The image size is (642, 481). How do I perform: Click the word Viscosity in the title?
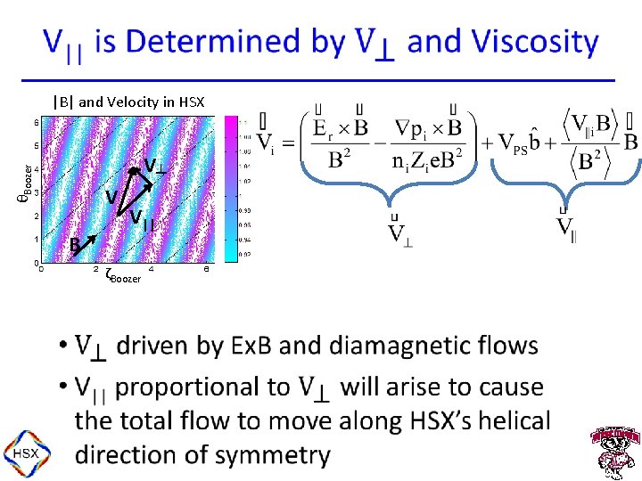pyautogui.click(x=535, y=42)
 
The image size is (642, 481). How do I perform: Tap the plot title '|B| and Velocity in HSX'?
pyautogui.click(x=128, y=102)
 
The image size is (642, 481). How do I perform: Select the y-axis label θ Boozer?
pyautogui.click(x=26, y=182)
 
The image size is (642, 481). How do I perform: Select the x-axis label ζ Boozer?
pyautogui.click(x=121, y=276)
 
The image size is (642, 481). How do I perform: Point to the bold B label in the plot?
pyautogui.click(x=77, y=244)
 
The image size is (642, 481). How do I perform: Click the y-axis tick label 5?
pyautogui.click(x=36, y=145)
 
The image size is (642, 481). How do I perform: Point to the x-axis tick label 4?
pyautogui.click(x=151, y=269)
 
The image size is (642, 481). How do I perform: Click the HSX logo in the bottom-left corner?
pyautogui.click(x=23, y=453)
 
